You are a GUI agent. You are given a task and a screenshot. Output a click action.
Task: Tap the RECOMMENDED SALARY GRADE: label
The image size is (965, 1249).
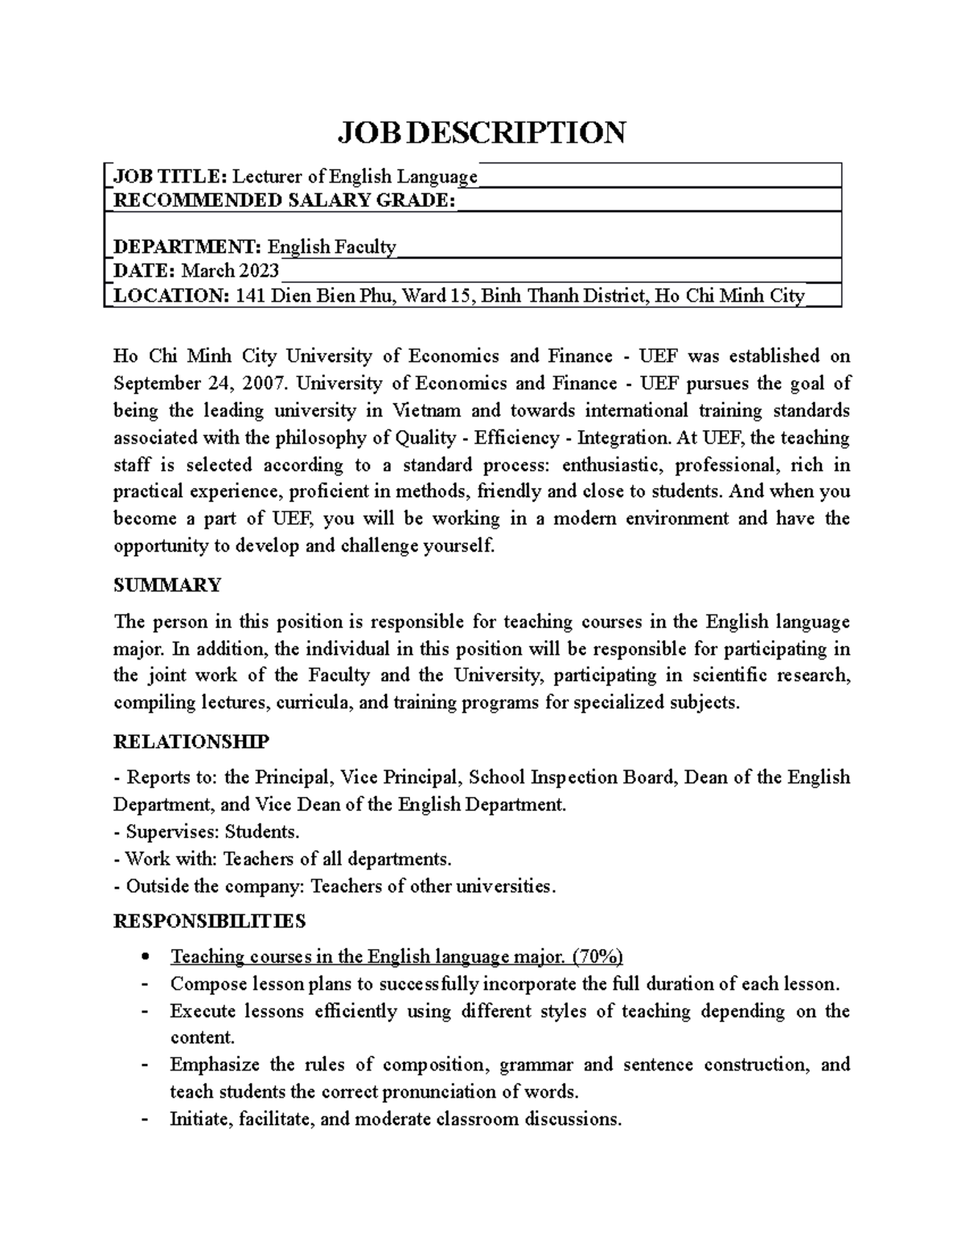click(284, 200)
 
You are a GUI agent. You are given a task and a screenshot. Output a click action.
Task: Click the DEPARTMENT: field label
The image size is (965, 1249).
click(187, 247)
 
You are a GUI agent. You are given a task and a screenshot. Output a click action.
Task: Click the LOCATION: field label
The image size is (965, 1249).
click(171, 296)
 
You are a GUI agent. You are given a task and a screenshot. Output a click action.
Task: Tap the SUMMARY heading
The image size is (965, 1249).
click(167, 585)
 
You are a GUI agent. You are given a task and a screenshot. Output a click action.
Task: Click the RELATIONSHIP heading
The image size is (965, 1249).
click(191, 741)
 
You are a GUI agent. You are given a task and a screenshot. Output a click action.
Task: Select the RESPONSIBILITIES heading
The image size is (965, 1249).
click(209, 920)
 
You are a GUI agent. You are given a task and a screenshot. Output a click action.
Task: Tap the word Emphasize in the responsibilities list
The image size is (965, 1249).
click(215, 1065)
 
